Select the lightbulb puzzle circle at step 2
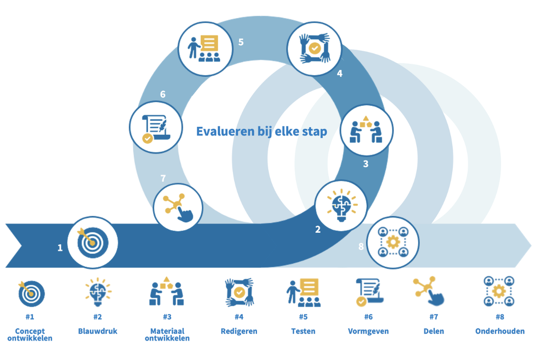[341, 205]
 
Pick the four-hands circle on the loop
[315, 48]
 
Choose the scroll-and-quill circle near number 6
[156, 126]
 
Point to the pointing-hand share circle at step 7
[178, 206]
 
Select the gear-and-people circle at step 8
[393, 243]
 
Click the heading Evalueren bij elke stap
[261, 131]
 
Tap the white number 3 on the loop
[366, 164]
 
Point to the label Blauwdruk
[97, 331]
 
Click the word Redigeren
[239, 331]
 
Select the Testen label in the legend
[303, 331]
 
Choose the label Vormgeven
[368, 331]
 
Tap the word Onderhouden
[500, 331]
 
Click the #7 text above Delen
[434, 317]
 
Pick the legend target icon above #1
[31, 293]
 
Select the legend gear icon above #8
[499, 291]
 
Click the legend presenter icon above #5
[303, 293]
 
